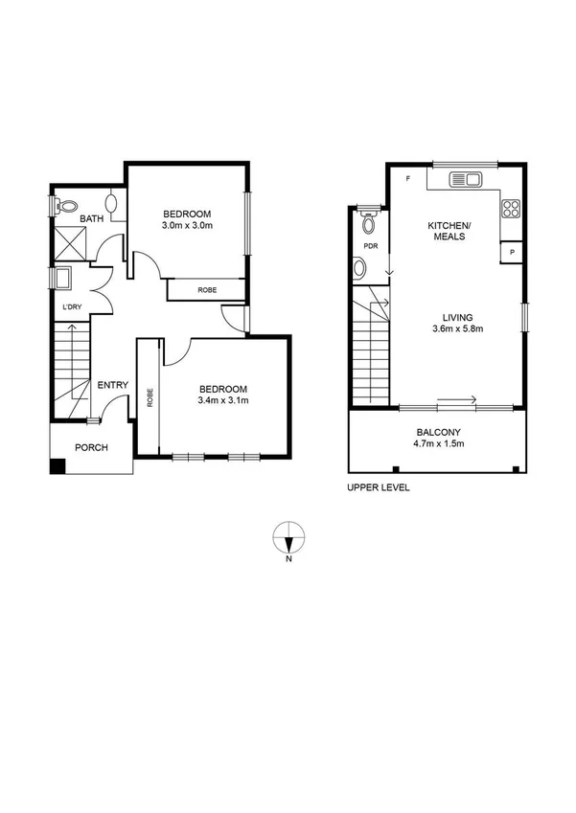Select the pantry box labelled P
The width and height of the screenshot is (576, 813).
coord(513,253)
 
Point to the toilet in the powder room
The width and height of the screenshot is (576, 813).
coord(367,223)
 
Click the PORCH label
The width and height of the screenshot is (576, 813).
coord(92,447)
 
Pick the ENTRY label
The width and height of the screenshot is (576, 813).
coord(113,385)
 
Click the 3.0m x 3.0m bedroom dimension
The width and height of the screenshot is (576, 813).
coord(187,226)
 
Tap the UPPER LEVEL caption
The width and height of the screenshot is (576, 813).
coord(379,487)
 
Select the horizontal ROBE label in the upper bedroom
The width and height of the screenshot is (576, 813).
coord(206,289)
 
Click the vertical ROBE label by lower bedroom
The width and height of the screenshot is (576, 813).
coord(150,397)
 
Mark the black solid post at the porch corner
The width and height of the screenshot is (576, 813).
coord(58,466)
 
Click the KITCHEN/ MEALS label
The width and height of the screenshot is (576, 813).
coord(449,231)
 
